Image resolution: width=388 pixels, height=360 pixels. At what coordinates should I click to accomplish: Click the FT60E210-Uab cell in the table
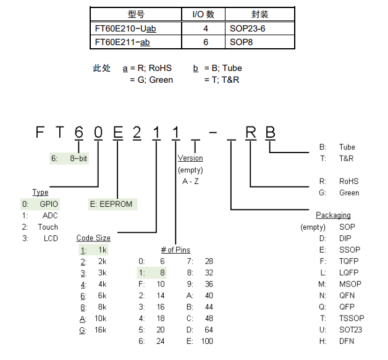124,28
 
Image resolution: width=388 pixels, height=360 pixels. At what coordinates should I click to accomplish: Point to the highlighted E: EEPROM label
111,204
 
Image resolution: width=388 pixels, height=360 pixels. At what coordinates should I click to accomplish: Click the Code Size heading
93,238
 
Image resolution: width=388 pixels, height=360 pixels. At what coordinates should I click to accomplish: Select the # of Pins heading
175,249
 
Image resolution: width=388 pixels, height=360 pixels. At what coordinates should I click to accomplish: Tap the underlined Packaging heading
333,215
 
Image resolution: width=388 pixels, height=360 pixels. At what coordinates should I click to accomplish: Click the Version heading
190,158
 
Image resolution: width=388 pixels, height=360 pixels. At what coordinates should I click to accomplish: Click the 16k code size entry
99,331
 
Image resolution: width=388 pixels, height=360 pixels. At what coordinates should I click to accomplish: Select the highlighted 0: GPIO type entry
40,203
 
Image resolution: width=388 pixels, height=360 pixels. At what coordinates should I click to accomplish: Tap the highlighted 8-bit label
78,158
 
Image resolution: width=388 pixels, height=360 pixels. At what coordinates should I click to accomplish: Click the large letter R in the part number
251,132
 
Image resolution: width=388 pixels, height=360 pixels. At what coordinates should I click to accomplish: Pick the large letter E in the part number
117,132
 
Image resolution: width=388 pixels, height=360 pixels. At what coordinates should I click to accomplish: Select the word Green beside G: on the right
349,193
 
